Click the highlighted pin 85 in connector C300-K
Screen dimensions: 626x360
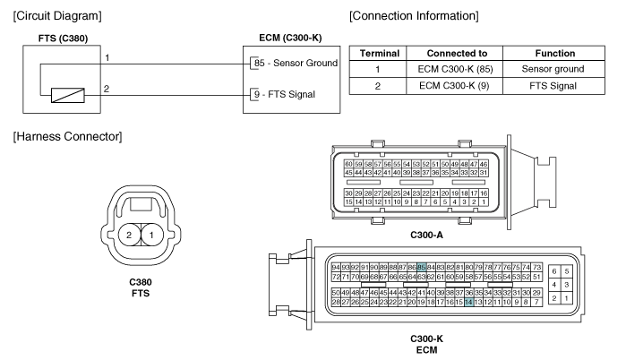point(421,267)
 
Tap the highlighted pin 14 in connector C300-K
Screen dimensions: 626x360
point(468,302)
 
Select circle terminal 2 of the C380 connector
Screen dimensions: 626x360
point(129,235)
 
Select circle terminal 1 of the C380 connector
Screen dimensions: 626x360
point(151,235)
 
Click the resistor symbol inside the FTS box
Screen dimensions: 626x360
point(68,96)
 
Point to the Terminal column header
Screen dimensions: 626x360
point(380,54)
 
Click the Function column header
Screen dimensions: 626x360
point(554,54)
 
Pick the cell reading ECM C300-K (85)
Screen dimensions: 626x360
point(455,69)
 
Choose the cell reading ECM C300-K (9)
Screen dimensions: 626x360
point(454,86)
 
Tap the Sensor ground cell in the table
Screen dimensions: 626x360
point(553,69)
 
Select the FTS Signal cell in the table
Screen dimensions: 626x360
point(553,86)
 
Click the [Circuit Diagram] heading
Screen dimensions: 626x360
point(57,16)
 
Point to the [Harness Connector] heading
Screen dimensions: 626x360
point(67,136)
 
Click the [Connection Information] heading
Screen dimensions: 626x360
point(414,16)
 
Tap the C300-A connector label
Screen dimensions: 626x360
point(427,236)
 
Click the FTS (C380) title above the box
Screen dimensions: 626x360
point(63,39)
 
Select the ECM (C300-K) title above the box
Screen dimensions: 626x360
point(290,38)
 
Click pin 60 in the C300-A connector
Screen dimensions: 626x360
point(348,164)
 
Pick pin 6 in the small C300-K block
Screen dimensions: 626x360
point(554,271)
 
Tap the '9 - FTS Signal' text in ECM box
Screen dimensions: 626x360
point(285,95)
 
